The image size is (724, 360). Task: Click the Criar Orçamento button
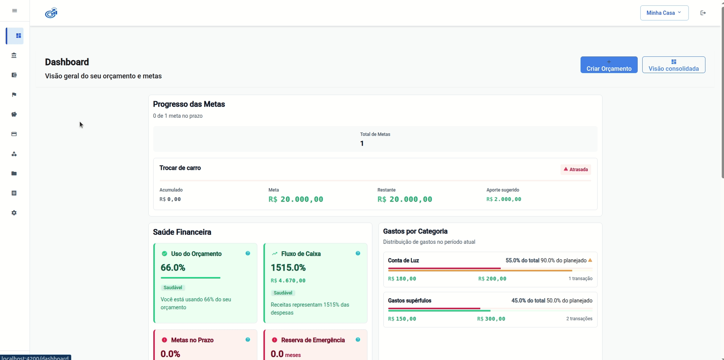point(609,65)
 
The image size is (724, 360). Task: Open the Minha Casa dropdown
point(664,13)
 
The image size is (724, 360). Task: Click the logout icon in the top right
point(703,13)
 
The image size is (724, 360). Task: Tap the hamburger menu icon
point(14,11)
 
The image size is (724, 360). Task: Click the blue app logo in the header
point(51,13)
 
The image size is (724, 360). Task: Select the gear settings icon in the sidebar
point(14,213)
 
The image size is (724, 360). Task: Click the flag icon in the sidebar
point(14,95)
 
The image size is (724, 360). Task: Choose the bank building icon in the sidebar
point(14,55)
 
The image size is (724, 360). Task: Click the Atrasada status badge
point(576,170)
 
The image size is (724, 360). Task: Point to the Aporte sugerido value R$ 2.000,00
point(504,199)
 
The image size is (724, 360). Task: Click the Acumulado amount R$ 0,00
point(170,199)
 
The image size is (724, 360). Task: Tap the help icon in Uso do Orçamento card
point(248,253)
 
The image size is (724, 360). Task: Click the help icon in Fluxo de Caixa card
point(358,253)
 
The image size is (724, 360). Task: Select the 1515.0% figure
point(288,268)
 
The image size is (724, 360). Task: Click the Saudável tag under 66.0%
point(173,288)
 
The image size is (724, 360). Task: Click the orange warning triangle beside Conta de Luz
point(590,260)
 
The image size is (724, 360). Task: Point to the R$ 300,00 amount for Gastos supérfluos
point(491,319)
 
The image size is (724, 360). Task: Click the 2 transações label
point(579,319)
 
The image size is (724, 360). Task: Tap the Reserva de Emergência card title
point(313,340)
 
